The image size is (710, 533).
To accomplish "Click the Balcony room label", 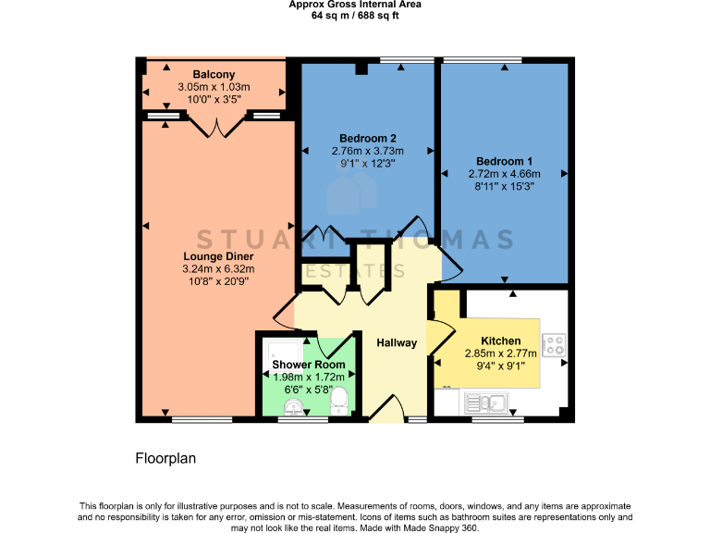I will (x=214, y=75).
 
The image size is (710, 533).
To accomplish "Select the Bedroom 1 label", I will (x=504, y=160).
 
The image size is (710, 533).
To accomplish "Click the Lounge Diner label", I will (x=218, y=256).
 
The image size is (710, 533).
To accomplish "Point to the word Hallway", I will (x=397, y=343).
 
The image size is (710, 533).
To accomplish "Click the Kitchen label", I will (x=500, y=341).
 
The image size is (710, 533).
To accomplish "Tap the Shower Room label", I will (x=309, y=365).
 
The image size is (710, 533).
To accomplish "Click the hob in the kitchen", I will (x=555, y=345).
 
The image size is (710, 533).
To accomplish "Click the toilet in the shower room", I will (x=339, y=401).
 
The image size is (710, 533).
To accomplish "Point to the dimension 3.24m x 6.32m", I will (x=218, y=269).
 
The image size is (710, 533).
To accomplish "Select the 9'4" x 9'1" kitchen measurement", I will (x=500, y=366).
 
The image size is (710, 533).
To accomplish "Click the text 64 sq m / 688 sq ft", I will (x=355, y=16).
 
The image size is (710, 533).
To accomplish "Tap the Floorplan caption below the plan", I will (x=166, y=458).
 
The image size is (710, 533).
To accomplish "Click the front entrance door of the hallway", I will (x=386, y=407).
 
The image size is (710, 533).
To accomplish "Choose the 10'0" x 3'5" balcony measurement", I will (x=214, y=101).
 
